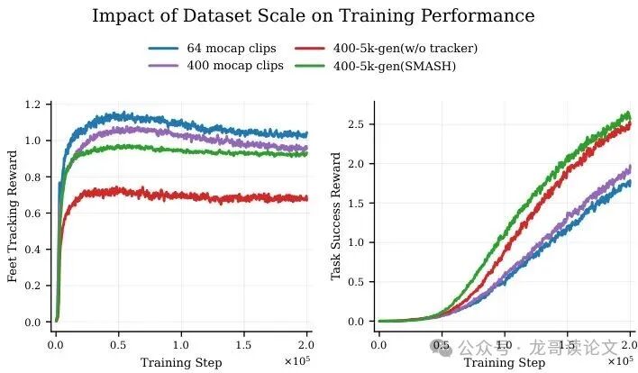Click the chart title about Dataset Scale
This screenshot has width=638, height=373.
pyautogui.click(x=313, y=16)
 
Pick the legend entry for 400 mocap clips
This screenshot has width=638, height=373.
pyautogui.click(x=226, y=65)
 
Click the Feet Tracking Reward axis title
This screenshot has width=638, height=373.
pyautogui.click(x=14, y=216)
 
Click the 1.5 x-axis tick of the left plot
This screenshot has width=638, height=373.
pyautogui.click(x=243, y=345)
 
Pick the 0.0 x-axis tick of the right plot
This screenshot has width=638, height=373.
pyautogui.click(x=379, y=345)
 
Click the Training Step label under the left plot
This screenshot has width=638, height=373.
pyautogui.click(x=180, y=362)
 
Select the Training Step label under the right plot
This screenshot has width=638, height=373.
pyautogui.click(x=505, y=362)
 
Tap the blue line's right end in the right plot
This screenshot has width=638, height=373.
pyautogui.click(x=629, y=183)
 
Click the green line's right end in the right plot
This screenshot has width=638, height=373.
pyautogui.click(x=629, y=114)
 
